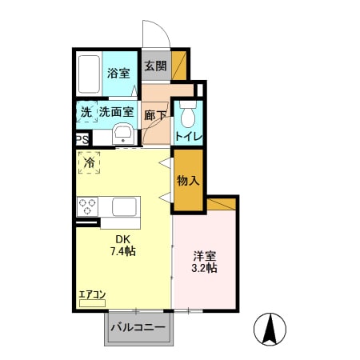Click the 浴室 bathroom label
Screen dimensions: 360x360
[118, 73]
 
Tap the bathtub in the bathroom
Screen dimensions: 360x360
[89, 74]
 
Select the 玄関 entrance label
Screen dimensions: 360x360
[156, 66]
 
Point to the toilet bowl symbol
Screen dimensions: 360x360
[188, 115]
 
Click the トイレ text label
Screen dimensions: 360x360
[189, 137]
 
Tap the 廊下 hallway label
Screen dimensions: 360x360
[155, 115]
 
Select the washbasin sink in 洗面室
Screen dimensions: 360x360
[123, 134]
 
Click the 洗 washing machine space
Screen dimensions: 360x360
[87, 112]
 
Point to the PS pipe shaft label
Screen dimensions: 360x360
[82, 139]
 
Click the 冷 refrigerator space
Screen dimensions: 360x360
[90, 162]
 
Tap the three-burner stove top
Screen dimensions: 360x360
[87, 206]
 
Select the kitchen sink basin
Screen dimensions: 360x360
[124, 206]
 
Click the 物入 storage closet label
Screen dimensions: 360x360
[188, 181]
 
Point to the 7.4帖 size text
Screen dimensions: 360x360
[123, 251]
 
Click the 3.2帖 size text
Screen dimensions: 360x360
[204, 267]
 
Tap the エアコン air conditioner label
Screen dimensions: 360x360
[92, 294]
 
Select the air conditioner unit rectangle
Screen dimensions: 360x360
[92, 303]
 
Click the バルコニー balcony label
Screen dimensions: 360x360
[138, 327]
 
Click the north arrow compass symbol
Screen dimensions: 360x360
[270, 329]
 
